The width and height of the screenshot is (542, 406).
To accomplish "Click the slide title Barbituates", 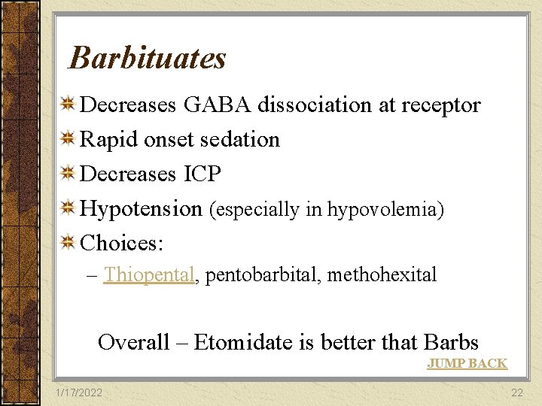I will [147, 58].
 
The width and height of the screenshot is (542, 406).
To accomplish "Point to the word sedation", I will [239, 139].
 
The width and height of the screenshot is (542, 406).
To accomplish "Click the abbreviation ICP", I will [202, 174].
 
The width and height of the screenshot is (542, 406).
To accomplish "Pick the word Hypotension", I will [141, 209].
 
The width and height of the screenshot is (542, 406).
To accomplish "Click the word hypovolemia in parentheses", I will [382, 210].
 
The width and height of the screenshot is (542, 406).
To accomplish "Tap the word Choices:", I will [122, 243].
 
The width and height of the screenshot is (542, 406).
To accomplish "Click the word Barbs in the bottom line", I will [451, 343].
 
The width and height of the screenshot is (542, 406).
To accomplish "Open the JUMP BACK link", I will [467, 364].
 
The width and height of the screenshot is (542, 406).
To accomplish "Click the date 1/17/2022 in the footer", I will [79, 393].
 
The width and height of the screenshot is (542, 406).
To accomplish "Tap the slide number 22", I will [516, 393].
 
